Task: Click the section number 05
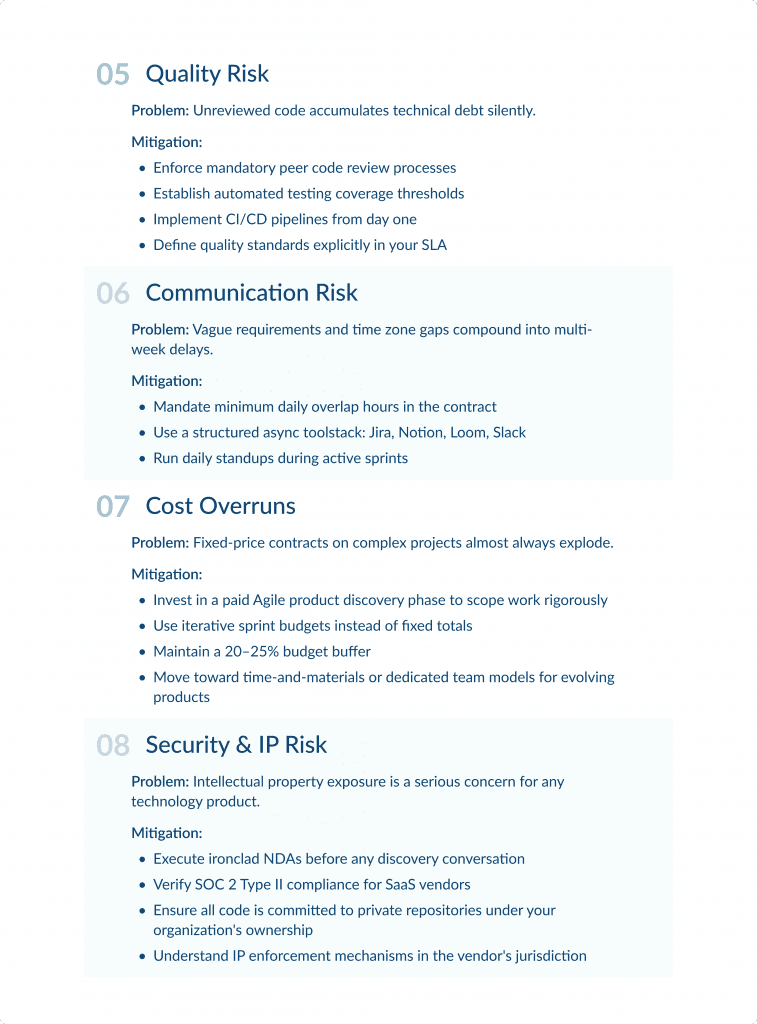click(x=113, y=75)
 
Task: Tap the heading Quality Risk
click(x=207, y=74)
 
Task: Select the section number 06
click(x=113, y=294)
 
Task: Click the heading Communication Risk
click(x=251, y=293)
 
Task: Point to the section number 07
click(x=113, y=507)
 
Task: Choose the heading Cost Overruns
click(x=220, y=506)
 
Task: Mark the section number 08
click(x=113, y=746)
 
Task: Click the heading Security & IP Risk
click(x=236, y=745)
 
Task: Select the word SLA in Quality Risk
click(x=433, y=245)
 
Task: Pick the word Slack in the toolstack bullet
click(x=509, y=433)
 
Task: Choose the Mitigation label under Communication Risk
click(x=167, y=381)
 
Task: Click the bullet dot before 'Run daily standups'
click(x=141, y=459)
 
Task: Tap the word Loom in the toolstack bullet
click(x=469, y=433)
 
